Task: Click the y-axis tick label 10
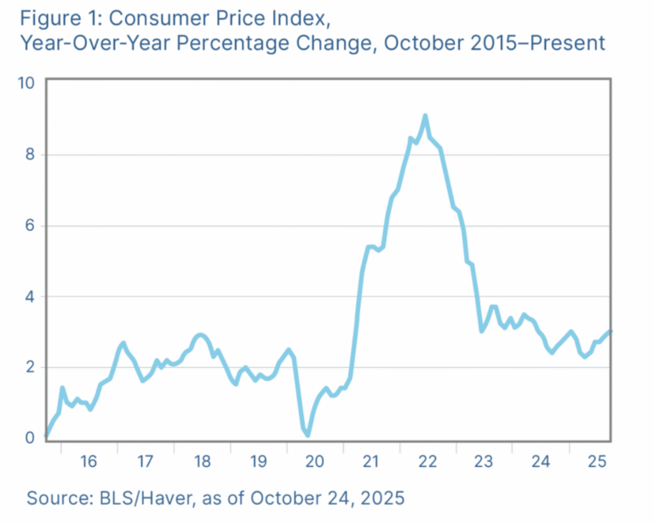[x=26, y=83]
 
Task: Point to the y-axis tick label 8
[x=30, y=154]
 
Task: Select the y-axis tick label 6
[x=30, y=225]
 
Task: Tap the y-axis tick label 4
[x=30, y=297]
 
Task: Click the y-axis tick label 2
[x=30, y=367]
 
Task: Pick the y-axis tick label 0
[x=30, y=438]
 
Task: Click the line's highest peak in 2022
[x=425, y=117]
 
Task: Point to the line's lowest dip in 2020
[x=307, y=435]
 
